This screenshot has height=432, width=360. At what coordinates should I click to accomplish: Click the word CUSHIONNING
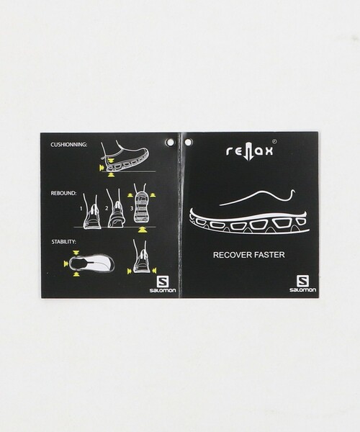[x=68, y=145]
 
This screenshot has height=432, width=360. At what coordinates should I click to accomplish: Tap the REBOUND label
[x=63, y=193]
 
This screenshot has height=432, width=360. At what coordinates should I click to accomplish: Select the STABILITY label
[x=63, y=242]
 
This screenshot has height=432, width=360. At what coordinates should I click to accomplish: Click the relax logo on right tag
[x=250, y=150]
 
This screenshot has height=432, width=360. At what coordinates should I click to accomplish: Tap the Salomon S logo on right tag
[x=302, y=282]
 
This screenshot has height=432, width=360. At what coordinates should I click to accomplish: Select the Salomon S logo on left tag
[x=162, y=282]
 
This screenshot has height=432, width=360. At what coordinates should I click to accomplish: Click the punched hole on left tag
[x=170, y=142]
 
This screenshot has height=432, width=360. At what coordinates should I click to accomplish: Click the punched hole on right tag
[x=189, y=142]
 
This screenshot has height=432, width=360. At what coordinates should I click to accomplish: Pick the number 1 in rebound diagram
[x=81, y=209]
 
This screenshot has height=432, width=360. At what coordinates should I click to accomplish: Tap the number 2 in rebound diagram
[x=107, y=208]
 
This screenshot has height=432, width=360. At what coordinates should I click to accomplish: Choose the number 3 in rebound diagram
[x=132, y=208]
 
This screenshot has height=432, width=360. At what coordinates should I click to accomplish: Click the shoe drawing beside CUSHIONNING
[x=125, y=156]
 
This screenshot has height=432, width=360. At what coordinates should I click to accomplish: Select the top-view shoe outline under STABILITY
[x=91, y=264]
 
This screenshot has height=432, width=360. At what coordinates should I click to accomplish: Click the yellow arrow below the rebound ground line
[x=142, y=230]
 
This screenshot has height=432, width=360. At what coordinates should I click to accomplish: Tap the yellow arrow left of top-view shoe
[x=66, y=264]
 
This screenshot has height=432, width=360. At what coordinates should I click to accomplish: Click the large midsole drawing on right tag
[x=249, y=222]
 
